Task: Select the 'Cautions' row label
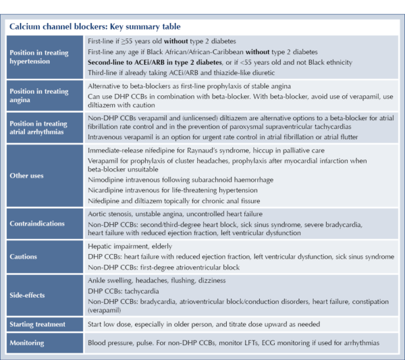pyautogui.click(x=24, y=256)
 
